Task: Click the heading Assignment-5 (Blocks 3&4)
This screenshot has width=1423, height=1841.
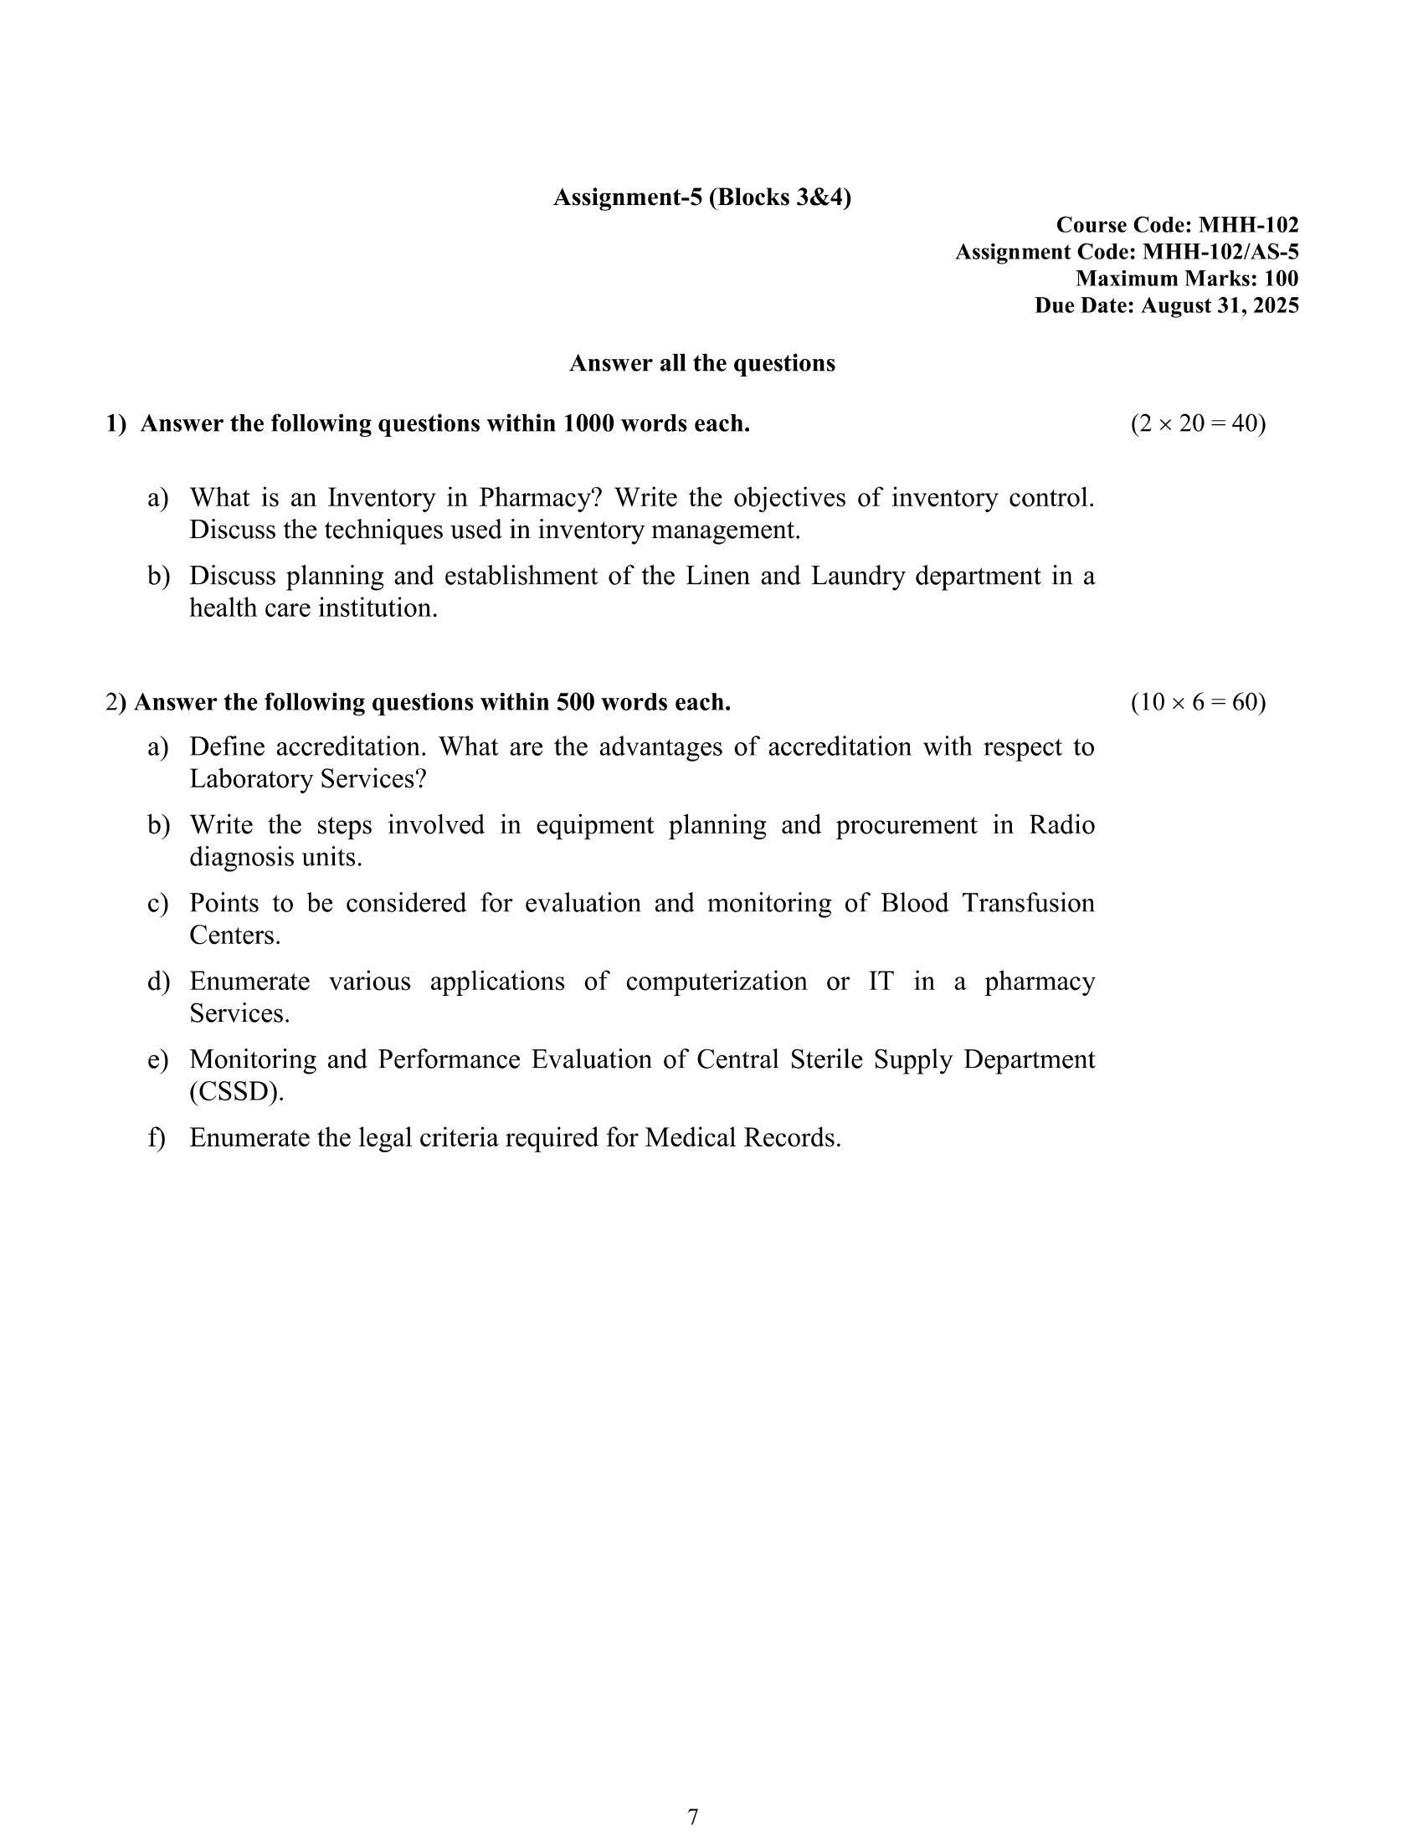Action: (701, 197)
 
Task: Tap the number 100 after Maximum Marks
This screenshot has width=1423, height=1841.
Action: (1281, 279)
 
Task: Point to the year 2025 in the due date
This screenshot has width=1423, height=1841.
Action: (1276, 305)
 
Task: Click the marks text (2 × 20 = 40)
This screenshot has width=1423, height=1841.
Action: (1197, 423)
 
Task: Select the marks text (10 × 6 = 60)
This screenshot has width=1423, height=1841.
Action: (1197, 702)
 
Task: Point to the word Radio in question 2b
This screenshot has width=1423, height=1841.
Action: (1061, 825)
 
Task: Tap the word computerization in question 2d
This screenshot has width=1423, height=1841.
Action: (716, 982)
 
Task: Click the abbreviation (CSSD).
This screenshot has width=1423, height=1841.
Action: (237, 1092)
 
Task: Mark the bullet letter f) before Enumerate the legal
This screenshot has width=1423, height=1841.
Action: (157, 1139)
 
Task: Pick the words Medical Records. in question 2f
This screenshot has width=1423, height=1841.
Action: (742, 1139)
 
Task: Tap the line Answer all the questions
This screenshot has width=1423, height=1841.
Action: (701, 363)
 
